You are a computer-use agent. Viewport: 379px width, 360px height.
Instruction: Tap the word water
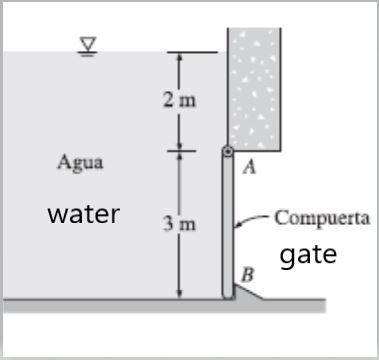coord(84,213)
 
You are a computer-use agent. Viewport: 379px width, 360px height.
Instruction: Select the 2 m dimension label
coord(180,101)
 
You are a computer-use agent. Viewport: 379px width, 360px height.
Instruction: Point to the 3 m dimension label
coord(180,224)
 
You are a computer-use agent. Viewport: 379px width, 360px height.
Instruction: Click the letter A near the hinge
coord(249,168)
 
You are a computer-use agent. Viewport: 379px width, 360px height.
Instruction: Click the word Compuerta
coord(322,217)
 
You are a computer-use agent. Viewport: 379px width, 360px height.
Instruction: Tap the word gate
coord(308,254)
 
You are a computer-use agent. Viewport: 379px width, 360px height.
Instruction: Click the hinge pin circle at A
coord(228,152)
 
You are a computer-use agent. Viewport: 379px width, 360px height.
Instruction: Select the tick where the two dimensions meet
coord(180,151)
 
